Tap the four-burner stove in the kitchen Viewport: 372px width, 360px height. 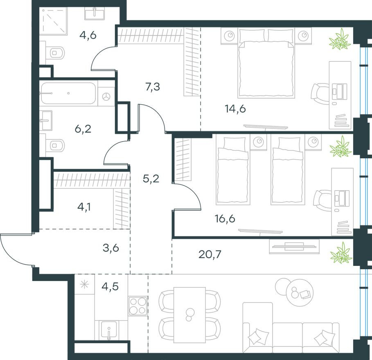(x=138, y=305)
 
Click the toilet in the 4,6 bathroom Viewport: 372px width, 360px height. (x=56, y=53)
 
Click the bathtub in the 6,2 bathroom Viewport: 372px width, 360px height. (x=69, y=94)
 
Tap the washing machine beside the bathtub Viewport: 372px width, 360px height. (x=107, y=97)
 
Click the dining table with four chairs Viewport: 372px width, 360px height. (x=189, y=315)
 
